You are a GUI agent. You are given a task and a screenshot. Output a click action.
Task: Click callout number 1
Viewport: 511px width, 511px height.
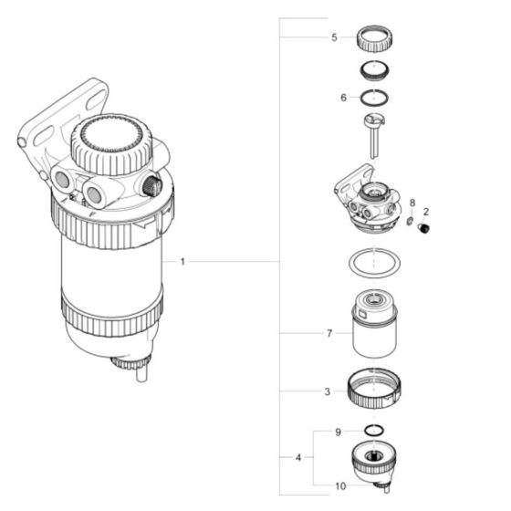pos(182,262)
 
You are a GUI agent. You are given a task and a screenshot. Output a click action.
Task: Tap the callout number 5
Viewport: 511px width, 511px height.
pos(334,37)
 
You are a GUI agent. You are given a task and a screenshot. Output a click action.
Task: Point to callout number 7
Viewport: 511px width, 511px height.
pos(328,335)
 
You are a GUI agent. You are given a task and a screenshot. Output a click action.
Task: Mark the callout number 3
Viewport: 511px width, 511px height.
pos(328,392)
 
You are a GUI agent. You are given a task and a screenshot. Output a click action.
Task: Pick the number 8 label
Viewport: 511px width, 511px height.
pos(412,203)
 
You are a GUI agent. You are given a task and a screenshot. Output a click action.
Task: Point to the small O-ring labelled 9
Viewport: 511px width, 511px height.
pos(374,431)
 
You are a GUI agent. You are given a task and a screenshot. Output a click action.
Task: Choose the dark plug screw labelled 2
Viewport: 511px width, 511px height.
pos(423,228)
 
